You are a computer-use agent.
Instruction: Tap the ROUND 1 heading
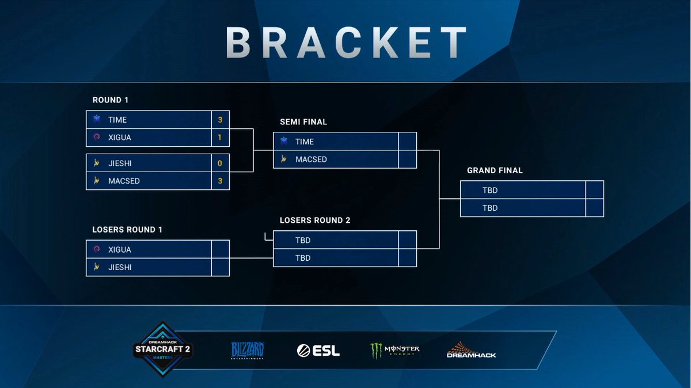coord(111,100)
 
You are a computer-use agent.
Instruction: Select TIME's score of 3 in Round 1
coord(220,120)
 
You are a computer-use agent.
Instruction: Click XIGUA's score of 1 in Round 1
coord(220,138)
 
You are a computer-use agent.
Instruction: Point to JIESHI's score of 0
coord(220,163)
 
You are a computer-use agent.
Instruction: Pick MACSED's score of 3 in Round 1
coord(220,181)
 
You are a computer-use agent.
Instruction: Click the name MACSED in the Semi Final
coord(311,159)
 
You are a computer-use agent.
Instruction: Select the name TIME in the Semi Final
coord(305,142)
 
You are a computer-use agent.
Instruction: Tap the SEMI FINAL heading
coord(303,122)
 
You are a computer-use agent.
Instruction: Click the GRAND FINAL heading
coord(495,171)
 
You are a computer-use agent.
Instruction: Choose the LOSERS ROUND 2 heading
coord(315,220)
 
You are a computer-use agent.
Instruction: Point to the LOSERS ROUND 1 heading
coord(127,230)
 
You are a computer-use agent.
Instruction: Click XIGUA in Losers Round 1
coord(120,250)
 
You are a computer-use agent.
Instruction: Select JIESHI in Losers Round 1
coord(120,268)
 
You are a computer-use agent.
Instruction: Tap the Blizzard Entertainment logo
coord(248,350)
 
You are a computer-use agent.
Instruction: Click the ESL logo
coord(318,350)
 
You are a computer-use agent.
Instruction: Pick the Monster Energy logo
coord(395,350)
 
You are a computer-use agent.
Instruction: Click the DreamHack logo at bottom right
coord(471,350)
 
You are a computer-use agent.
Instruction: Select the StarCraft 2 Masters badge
coord(162,349)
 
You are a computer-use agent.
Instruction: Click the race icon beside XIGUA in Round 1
coord(97,138)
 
